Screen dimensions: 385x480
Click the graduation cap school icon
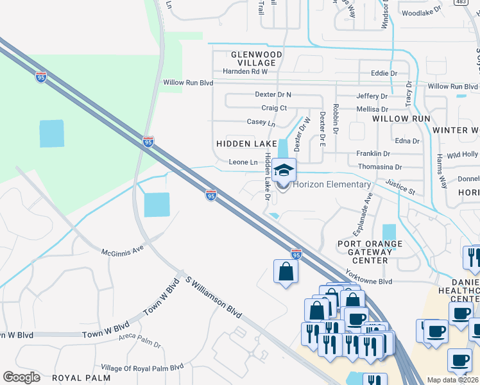(284, 171)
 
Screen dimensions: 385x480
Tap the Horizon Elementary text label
(332, 185)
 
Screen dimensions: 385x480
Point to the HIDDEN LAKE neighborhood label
(246, 144)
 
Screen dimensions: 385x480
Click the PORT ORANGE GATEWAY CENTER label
(370, 252)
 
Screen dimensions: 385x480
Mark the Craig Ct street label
(273, 108)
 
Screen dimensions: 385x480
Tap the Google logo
(22, 377)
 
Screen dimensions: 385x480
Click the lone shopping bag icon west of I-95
(286, 271)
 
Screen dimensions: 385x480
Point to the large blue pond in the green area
(51, 133)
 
